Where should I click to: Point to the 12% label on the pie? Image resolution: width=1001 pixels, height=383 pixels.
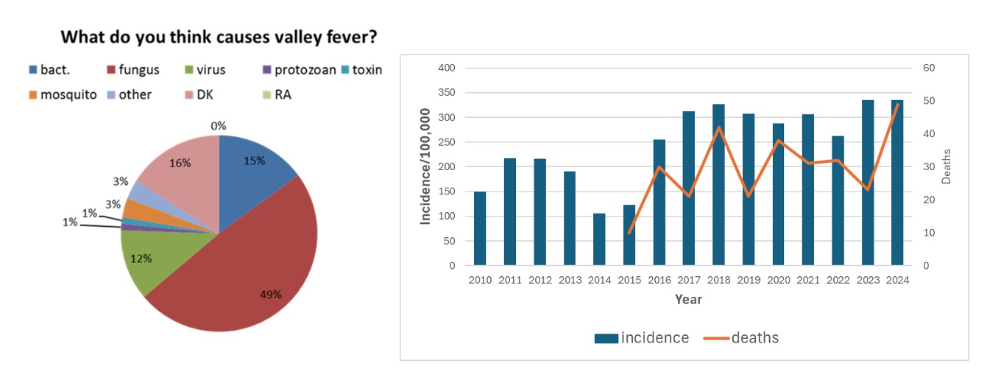point(142,259)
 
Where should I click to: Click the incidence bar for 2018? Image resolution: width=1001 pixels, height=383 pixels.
point(718,184)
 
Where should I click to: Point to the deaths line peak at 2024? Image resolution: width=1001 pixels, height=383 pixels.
point(897,104)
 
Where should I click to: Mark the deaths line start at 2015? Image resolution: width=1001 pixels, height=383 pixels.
point(629,233)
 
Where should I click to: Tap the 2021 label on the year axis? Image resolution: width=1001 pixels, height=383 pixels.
point(807,281)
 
